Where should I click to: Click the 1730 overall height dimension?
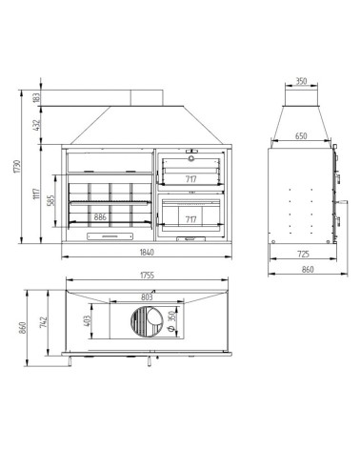coord(17,166)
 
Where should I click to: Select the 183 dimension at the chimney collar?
coord(36,97)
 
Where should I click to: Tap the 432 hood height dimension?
coord(36,125)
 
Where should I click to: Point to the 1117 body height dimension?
coord(36,194)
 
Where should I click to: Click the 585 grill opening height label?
coord(51,200)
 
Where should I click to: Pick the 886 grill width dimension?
coord(100,217)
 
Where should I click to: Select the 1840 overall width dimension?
coord(147,252)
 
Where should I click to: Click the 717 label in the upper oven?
coord(190,179)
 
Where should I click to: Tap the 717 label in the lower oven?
coord(190,219)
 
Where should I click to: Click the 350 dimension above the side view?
coord(301,81)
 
